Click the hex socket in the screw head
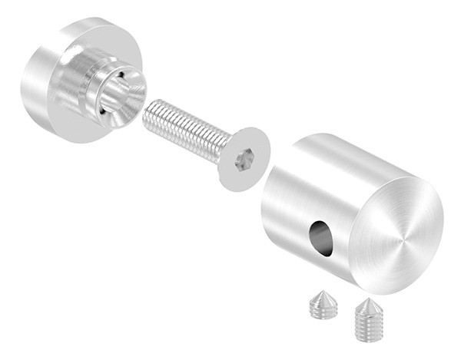point(245,160)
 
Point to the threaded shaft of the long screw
point(181,126)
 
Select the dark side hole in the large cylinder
point(322,238)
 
